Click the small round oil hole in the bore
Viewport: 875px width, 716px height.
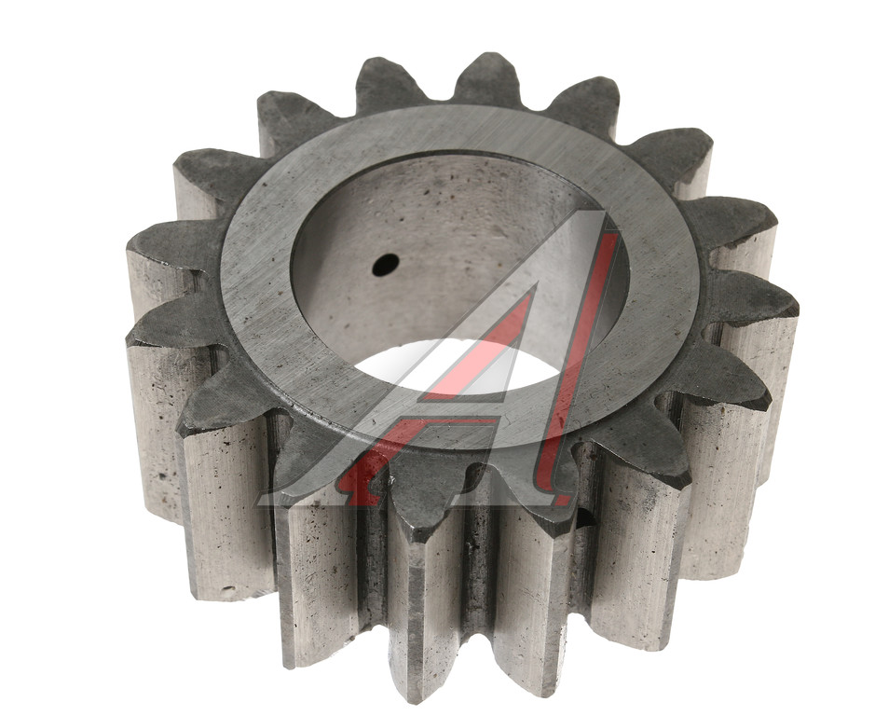pyautogui.click(x=386, y=265)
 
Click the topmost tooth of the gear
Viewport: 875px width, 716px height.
pyautogui.click(x=486, y=78)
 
